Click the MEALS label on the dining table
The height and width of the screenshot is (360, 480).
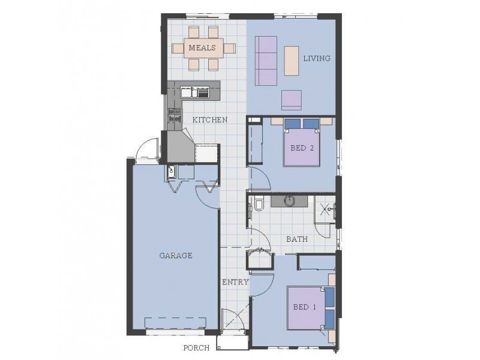pos(203,47)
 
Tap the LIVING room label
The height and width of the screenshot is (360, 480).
pos(316,58)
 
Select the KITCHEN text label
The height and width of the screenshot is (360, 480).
pos(209,120)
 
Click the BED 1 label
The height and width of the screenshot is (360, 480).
pos(305,307)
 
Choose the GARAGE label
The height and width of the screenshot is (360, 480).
pos(175,255)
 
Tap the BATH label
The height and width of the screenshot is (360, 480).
pos(296,239)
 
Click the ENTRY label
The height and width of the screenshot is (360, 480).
pos(235,282)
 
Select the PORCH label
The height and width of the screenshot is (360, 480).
pos(197,347)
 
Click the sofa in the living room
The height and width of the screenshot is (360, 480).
pos(266,60)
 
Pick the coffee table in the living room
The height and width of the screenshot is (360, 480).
pos(291,61)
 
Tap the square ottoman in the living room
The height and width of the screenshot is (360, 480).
pos(292,99)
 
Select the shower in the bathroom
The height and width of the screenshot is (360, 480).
pos(326,209)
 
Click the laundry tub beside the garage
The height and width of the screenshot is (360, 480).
pos(172,171)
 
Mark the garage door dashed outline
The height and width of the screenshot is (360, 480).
pos(175,323)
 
